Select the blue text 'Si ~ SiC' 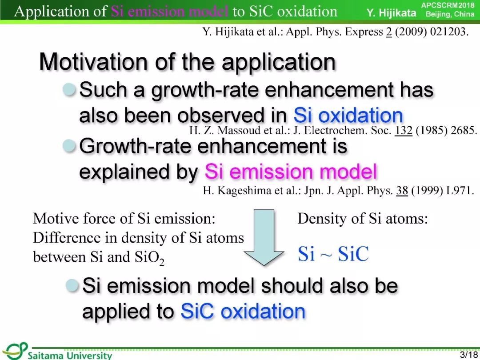point(333,254)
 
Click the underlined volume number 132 point(404,130)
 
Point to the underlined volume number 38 point(402,190)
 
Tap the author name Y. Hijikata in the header point(392,13)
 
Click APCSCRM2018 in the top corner point(448,5)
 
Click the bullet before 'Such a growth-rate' point(69,89)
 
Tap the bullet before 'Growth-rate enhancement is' point(69,146)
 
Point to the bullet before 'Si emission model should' point(72,285)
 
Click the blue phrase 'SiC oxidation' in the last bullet point(243,311)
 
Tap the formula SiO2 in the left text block point(149,258)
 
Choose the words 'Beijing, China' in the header point(450,14)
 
